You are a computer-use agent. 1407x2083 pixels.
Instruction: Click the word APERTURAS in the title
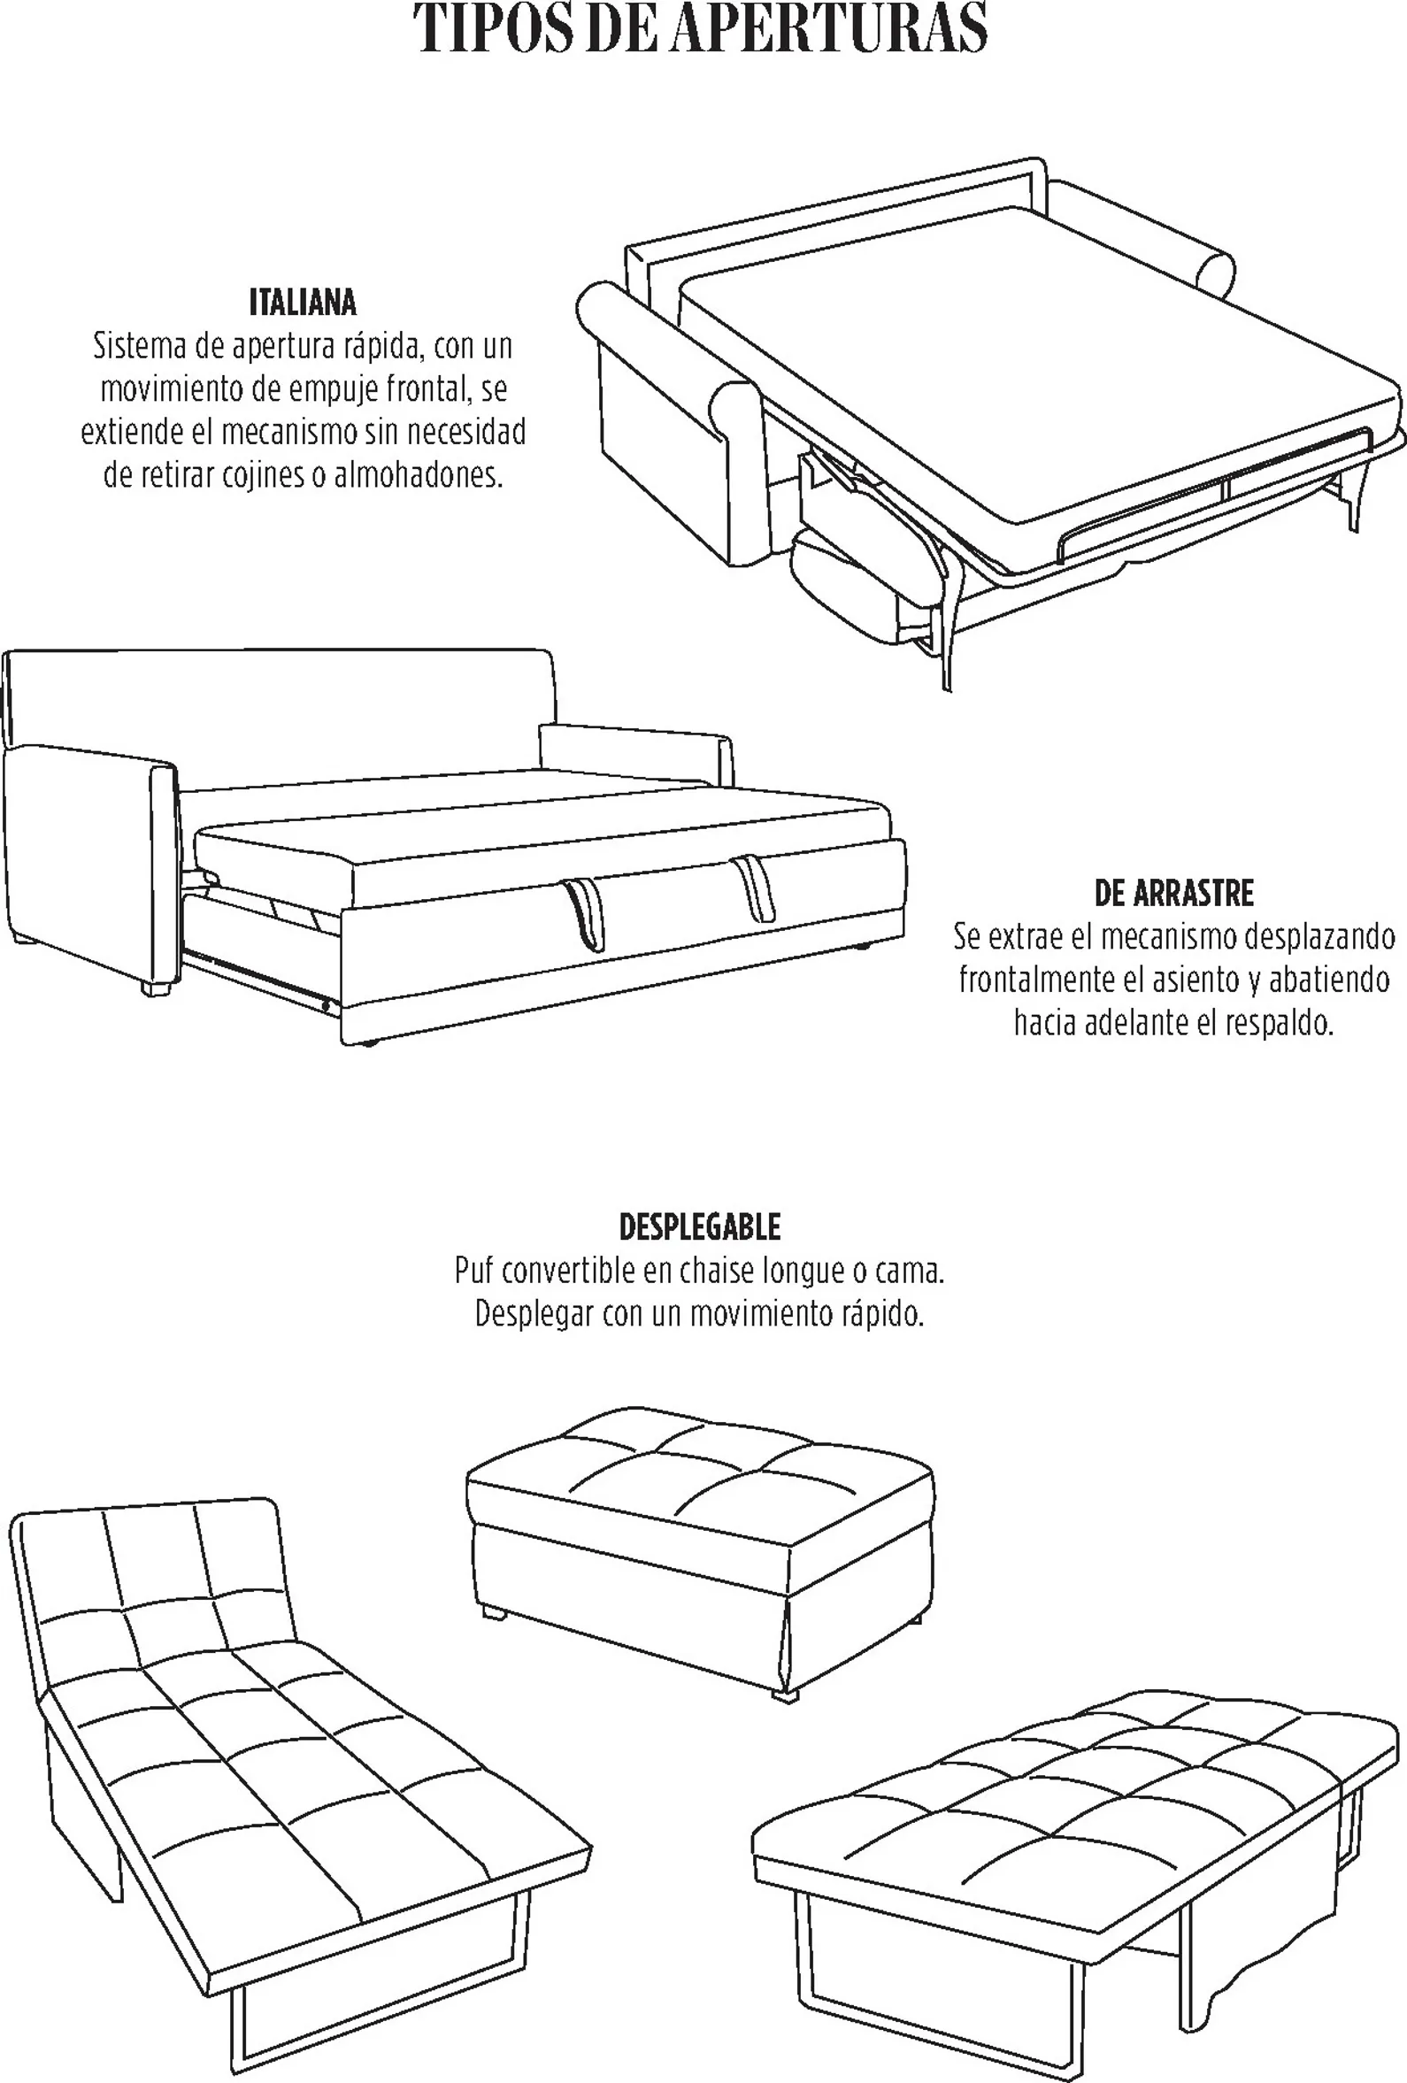point(827,29)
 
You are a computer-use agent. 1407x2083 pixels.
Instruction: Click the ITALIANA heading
point(303,303)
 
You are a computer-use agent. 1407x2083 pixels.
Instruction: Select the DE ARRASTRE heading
point(1174,894)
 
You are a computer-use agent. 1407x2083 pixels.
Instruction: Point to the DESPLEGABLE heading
point(700,1227)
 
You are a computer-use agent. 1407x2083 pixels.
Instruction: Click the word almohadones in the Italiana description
point(419,475)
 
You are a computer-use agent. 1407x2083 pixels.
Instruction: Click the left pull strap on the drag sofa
point(584,912)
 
